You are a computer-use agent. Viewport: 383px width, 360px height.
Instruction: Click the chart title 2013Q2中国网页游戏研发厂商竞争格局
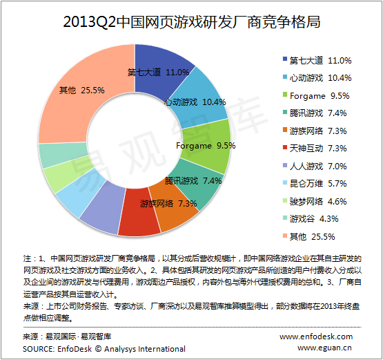click(192, 22)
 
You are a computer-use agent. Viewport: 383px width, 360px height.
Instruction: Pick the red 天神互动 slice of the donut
click(139, 213)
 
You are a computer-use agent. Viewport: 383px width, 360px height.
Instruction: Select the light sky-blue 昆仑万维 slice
click(78, 193)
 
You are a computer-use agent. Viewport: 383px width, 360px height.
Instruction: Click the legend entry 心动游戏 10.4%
click(317, 78)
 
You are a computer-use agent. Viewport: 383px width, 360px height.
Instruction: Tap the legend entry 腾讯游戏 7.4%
click(315, 113)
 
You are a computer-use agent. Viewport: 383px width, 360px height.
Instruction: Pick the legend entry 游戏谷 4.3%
click(311, 219)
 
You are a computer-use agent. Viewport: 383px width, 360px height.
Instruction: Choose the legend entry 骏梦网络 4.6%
click(315, 202)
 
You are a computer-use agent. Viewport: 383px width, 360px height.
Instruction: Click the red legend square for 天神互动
click(285, 147)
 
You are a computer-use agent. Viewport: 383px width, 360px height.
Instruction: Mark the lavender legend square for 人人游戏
click(285, 165)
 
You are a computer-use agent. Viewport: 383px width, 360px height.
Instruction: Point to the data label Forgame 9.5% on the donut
click(206, 146)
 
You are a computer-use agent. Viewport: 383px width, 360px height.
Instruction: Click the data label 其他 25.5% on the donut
click(82, 91)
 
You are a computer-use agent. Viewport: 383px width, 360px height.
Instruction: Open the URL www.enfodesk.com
click(316, 337)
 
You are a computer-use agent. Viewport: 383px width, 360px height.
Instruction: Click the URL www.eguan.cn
click(324, 348)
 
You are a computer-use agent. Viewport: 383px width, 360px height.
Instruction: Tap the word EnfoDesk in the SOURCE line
click(75, 349)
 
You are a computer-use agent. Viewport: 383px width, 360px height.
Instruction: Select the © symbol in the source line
click(98, 349)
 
